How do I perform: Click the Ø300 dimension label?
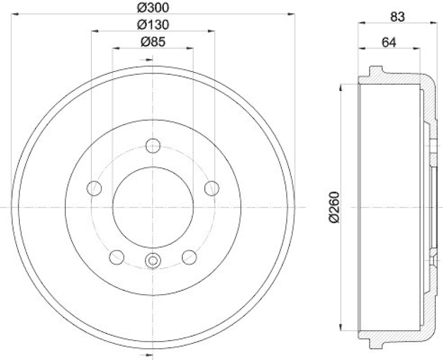pos(152,7)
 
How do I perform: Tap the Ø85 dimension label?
pos(152,42)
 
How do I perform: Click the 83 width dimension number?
pos(396,17)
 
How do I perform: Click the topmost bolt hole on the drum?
pos(152,146)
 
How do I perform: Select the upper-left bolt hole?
pos(94,188)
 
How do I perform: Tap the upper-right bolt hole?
pos(211,188)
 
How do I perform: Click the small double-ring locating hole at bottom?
pos(152,260)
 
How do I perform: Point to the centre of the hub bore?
pos(152,207)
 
